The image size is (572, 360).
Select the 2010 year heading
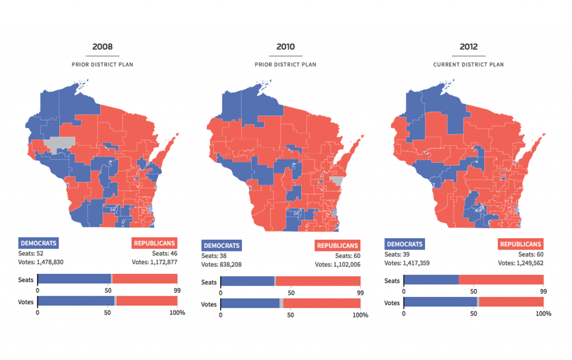(285, 47)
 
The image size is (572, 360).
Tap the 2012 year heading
(468, 47)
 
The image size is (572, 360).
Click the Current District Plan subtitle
(468, 64)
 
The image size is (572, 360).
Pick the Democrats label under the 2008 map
(39, 243)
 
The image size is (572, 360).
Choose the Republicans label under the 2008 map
(155, 243)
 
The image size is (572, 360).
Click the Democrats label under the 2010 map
(222, 245)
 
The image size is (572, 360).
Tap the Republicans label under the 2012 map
(521, 244)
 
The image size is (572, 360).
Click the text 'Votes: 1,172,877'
(154, 262)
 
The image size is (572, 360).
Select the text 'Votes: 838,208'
(222, 264)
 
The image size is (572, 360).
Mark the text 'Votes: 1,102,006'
(337, 264)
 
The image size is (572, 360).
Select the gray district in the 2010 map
(337, 181)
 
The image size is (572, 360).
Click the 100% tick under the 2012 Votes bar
(544, 314)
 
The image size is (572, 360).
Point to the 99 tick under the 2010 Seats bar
(360, 292)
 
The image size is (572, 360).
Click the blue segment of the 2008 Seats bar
(74, 279)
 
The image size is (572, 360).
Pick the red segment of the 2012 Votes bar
(511, 302)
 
